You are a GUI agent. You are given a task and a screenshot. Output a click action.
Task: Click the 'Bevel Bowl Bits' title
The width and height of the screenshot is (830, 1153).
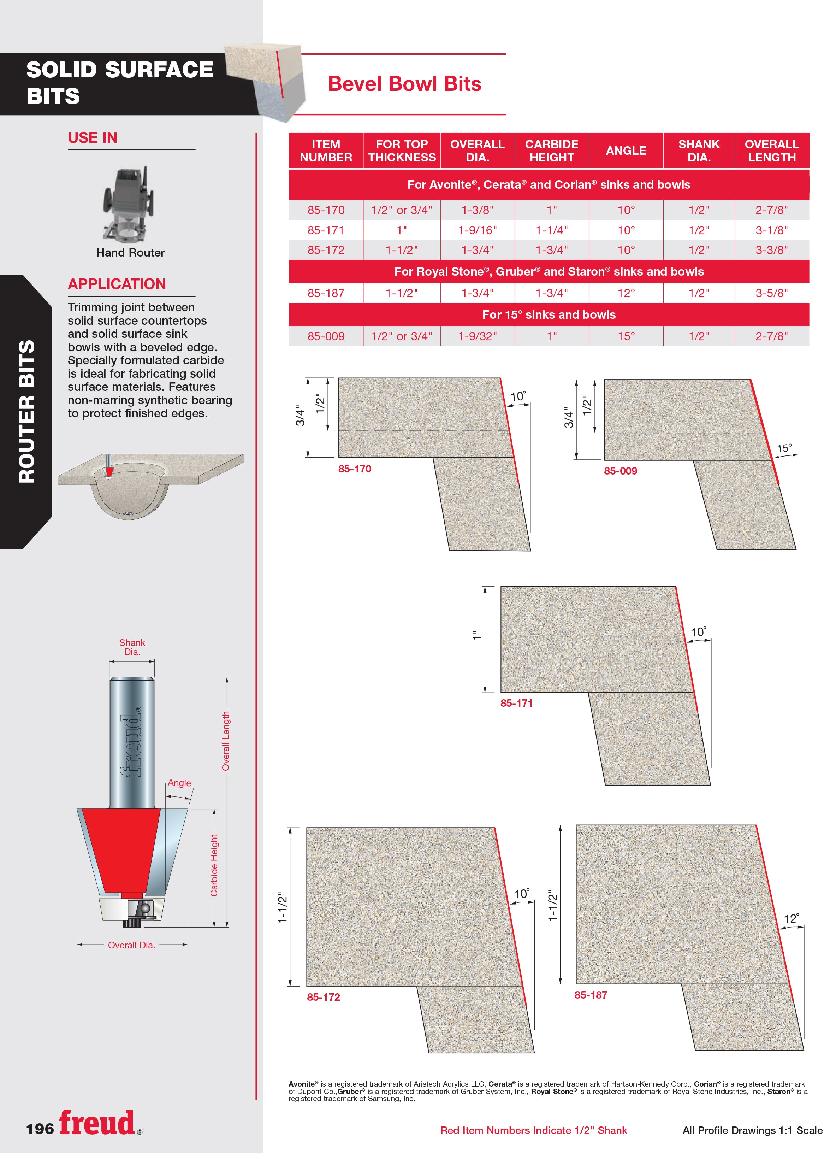coord(404,84)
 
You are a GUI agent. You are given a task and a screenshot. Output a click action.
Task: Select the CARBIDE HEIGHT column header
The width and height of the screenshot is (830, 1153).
coord(551,151)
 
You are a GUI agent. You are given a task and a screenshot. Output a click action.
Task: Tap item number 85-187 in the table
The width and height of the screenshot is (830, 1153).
coord(326,293)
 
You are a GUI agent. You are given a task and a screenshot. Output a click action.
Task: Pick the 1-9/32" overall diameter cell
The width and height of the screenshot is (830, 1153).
coord(477,336)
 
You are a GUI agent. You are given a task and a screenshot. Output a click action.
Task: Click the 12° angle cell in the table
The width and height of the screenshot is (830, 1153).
coord(626,293)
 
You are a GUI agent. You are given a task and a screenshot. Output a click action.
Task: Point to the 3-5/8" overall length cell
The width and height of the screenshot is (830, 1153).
coord(772,293)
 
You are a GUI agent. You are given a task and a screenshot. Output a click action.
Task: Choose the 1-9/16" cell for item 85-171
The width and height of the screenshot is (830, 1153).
coord(477,230)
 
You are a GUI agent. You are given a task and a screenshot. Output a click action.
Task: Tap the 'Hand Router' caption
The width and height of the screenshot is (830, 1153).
coord(131,253)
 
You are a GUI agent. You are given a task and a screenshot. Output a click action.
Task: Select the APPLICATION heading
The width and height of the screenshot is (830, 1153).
coord(117,284)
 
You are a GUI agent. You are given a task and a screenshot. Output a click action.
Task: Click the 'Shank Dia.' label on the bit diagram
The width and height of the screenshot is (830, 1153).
coord(132,647)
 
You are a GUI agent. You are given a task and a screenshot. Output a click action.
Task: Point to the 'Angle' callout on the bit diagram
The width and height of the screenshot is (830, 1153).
coord(179,783)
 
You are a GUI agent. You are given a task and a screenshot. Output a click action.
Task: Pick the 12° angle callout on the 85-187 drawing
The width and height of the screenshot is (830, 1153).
coord(792,919)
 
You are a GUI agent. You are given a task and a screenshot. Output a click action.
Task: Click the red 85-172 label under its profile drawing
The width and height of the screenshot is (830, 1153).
coord(323,997)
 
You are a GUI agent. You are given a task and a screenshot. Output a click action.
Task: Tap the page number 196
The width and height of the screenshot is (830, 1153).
coord(40,1129)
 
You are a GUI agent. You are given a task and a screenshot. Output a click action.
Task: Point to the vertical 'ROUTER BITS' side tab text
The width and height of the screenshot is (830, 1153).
coord(26,411)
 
